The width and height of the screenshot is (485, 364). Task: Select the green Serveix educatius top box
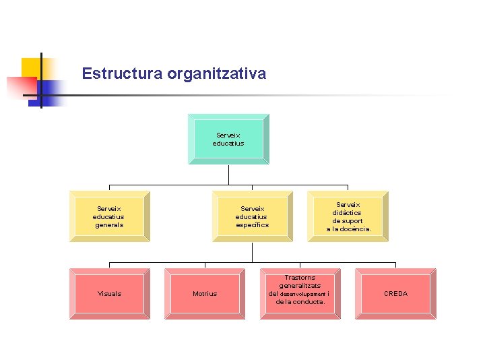[228, 139]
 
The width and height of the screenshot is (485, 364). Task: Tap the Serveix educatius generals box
[109, 216]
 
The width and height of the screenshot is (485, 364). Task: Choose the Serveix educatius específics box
[252, 216]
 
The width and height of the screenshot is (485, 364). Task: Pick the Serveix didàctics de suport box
[348, 216]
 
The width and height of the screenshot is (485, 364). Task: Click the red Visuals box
[109, 293]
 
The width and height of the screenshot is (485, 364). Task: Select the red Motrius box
[205, 293]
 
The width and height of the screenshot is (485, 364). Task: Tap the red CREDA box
[395, 293]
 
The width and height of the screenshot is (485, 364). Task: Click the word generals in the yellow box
[109, 225]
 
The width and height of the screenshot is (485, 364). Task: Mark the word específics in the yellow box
[252, 225]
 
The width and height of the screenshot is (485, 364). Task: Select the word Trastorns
[300, 277]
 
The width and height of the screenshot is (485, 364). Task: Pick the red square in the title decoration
[20, 86]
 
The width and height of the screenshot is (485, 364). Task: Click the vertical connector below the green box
[228, 174]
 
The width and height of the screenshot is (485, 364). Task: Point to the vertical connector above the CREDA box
[395, 265]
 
